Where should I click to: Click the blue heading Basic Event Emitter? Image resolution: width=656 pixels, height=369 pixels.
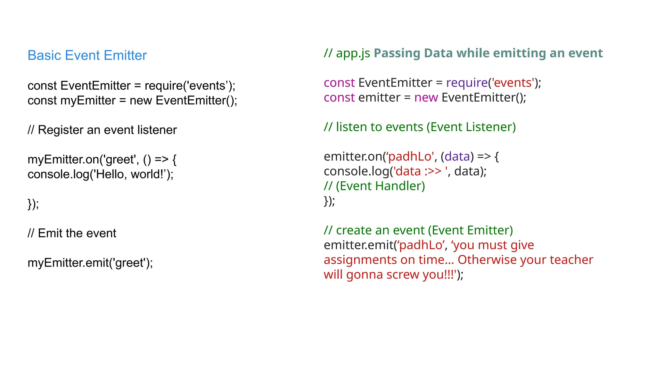[87, 55]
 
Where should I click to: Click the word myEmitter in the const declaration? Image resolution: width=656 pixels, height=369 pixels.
[88, 101]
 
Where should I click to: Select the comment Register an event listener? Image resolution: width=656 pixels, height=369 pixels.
[102, 130]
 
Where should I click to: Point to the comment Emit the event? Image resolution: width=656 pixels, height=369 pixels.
[72, 233]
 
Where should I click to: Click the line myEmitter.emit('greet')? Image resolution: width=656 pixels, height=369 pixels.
[90, 263]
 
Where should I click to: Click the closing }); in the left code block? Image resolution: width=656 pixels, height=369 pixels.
[33, 204]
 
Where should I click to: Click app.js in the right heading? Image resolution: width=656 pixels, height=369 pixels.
[353, 53]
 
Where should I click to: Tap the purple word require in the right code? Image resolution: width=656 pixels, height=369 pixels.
[467, 83]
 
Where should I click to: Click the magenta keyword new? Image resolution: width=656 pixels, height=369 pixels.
[426, 98]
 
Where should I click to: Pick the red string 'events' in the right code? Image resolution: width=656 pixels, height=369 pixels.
[513, 83]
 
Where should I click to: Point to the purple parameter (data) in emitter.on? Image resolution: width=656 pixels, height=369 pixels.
[457, 157]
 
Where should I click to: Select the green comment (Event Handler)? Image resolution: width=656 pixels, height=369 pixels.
[380, 186]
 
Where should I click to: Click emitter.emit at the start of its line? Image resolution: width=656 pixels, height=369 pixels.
[358, 245]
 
